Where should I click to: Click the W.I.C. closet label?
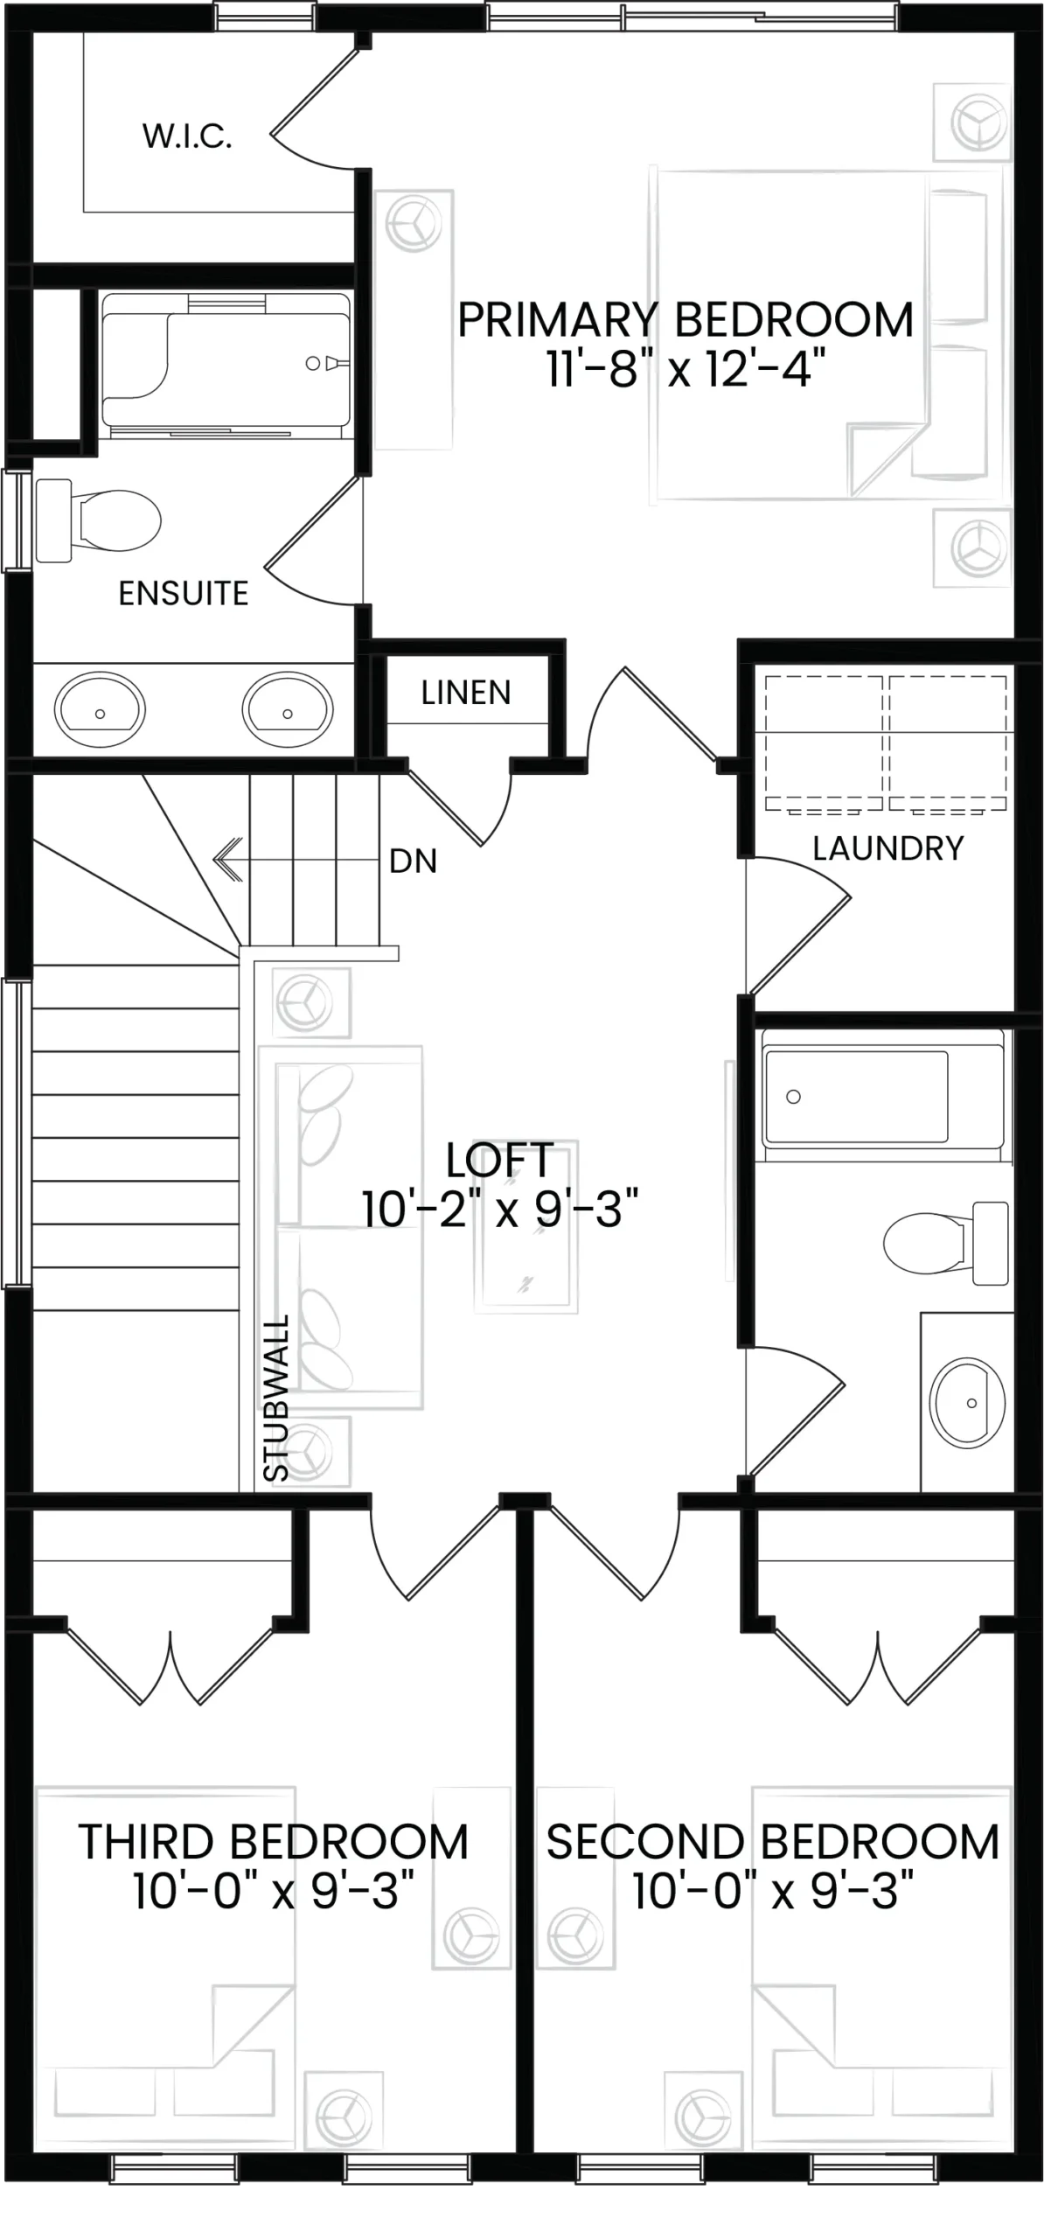point(187,136)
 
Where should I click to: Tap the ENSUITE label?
point(184,594)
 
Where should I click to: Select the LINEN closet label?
point(466,693)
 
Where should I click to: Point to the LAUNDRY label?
point(887,848)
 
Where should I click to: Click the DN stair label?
point(413,861)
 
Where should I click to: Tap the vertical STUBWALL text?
point(276,1397)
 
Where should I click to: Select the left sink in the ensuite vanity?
point(100,709)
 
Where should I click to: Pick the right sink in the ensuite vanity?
point(288,709)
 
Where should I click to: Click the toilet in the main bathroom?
point(945,1243)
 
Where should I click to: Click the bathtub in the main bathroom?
point(882,1096)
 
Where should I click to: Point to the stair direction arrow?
point(297,860)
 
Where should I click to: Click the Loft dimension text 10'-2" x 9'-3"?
point(500,1210)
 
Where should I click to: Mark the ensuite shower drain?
point(312,364)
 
